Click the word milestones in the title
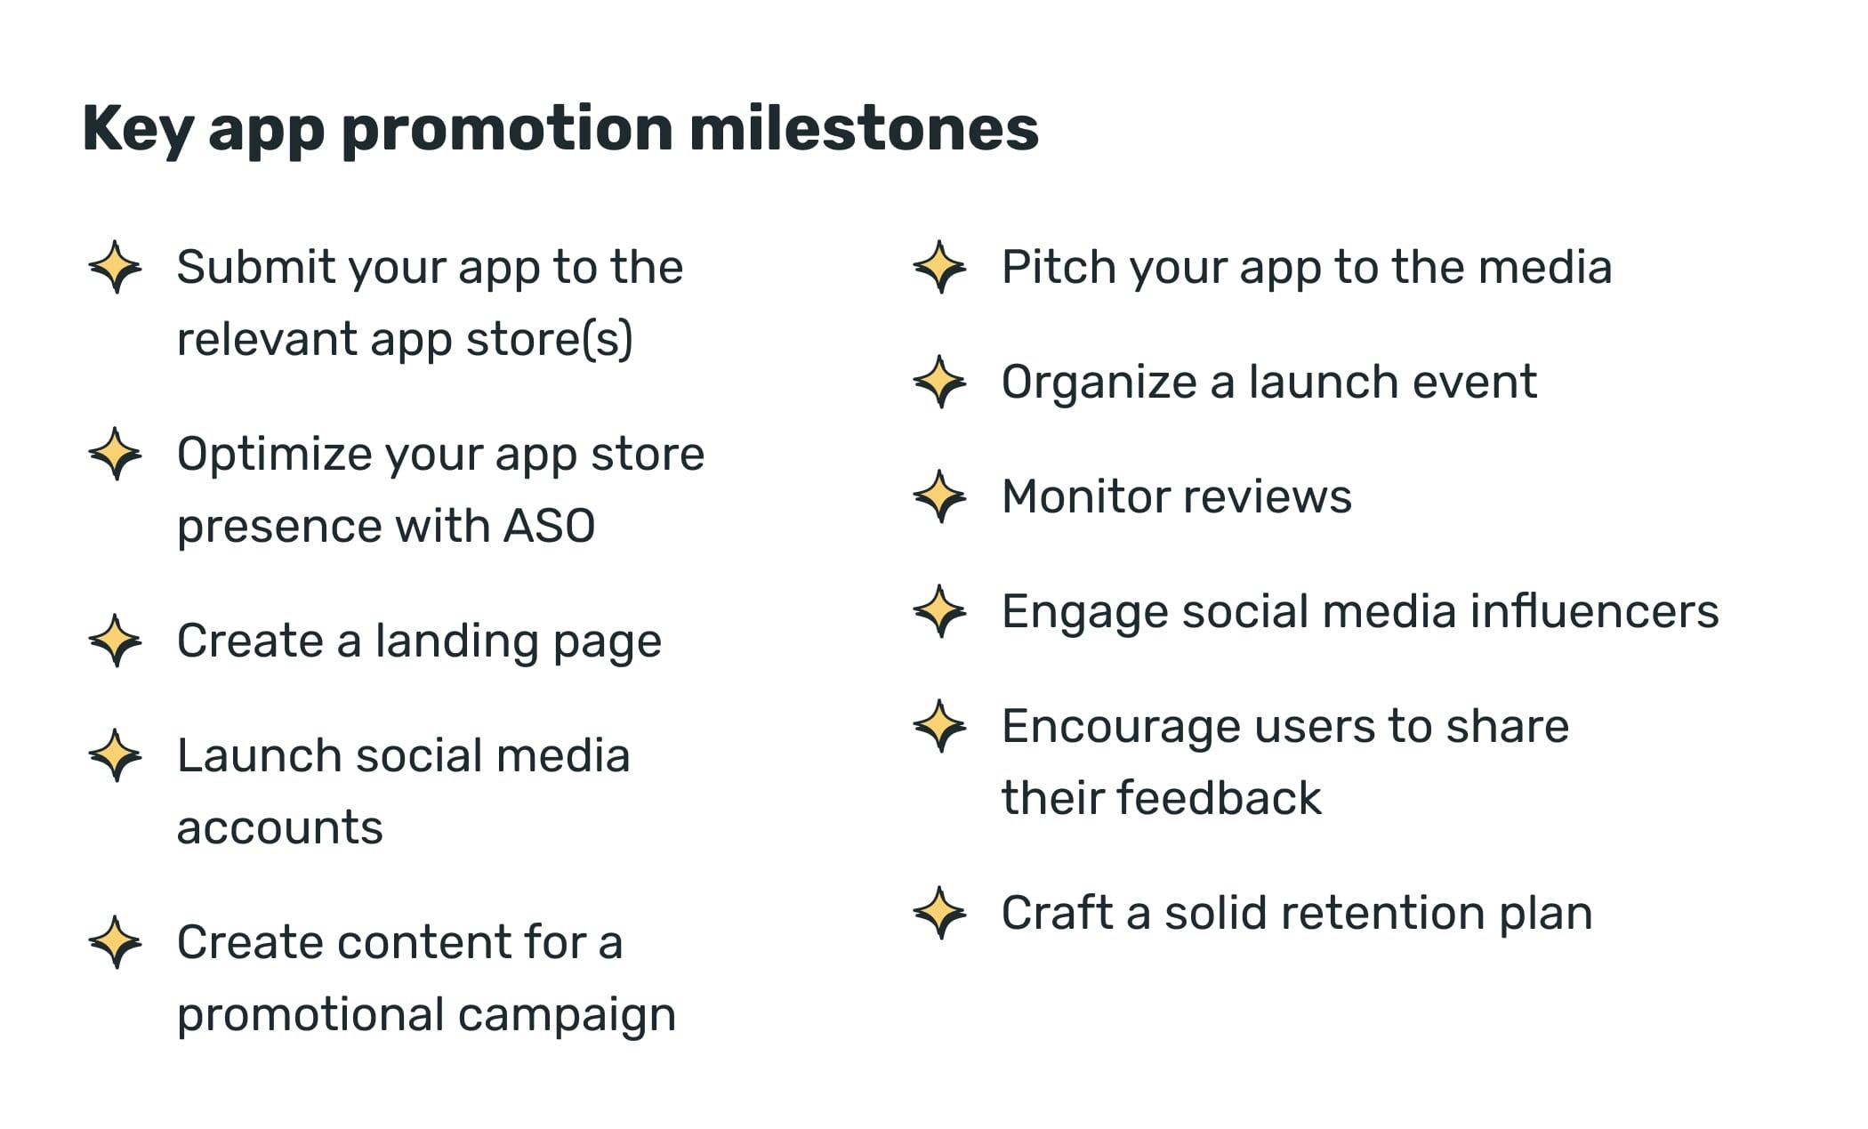pos(863,129)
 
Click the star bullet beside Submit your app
pos(116,267)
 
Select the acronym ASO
pos(549,526)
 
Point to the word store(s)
pos(549,340)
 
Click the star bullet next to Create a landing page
pos(116,641)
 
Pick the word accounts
pos(279,828)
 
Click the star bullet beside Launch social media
pos(116,755)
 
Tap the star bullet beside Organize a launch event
pos(940,382)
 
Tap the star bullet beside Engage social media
pos(940,611)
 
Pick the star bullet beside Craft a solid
pos(940,913)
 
